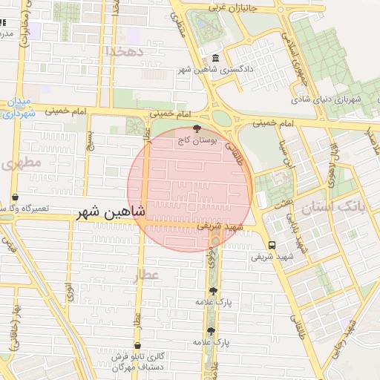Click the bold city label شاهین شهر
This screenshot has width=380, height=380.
click(x=111, y=213)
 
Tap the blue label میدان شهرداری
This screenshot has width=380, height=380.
click(x=19, y=107)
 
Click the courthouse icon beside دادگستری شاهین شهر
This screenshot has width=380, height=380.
click(x=215, y=59)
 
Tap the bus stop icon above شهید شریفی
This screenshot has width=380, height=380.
click(x=272, y=245)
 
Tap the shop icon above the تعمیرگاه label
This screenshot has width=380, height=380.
click(x=16, y=197)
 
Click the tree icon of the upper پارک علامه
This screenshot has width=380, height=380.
click(x=214, y=291)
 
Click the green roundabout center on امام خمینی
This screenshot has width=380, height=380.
click(x=223, y=117)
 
